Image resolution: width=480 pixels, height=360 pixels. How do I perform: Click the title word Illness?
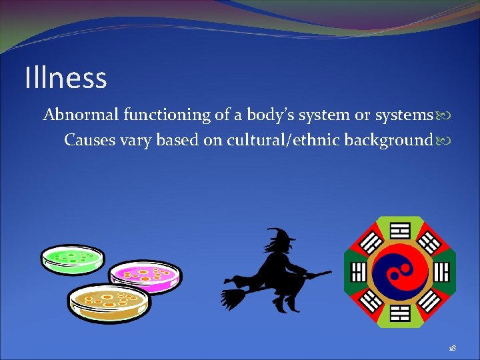(65, 77)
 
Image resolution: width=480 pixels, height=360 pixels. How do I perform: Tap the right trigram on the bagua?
(441, 272)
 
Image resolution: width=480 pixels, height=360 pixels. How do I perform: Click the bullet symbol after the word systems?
(443, 116)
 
